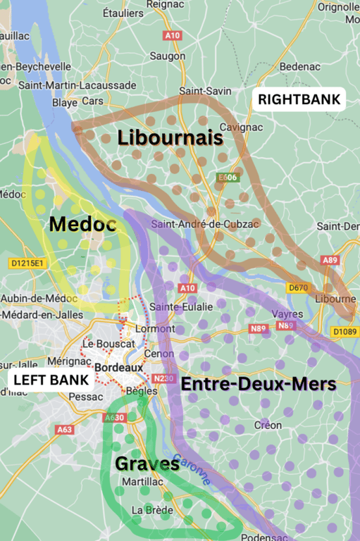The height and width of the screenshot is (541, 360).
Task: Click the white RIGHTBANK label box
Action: (x=299, y=99)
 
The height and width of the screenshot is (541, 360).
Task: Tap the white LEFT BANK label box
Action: (x=52, y=380)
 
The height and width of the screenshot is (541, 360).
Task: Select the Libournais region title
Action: (x=170, y=138)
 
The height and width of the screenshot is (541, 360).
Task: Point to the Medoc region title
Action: (x=82, y=225)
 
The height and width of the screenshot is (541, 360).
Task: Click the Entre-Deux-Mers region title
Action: (x=259, y=385)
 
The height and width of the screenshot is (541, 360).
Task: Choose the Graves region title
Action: (x=147, y=464)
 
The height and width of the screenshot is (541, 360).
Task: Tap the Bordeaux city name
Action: (x=118, y=368)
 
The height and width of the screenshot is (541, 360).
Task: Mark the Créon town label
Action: (x=268, y=425)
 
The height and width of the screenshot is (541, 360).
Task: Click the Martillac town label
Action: (x=137, y=481)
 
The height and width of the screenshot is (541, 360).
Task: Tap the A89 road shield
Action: (x=330, y=261)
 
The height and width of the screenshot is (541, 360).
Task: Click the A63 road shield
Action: (x=64, y=430)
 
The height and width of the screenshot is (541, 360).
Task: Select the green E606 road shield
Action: (x=228, y=178)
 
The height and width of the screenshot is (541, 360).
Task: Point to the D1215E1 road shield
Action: (x=27, y=263)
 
